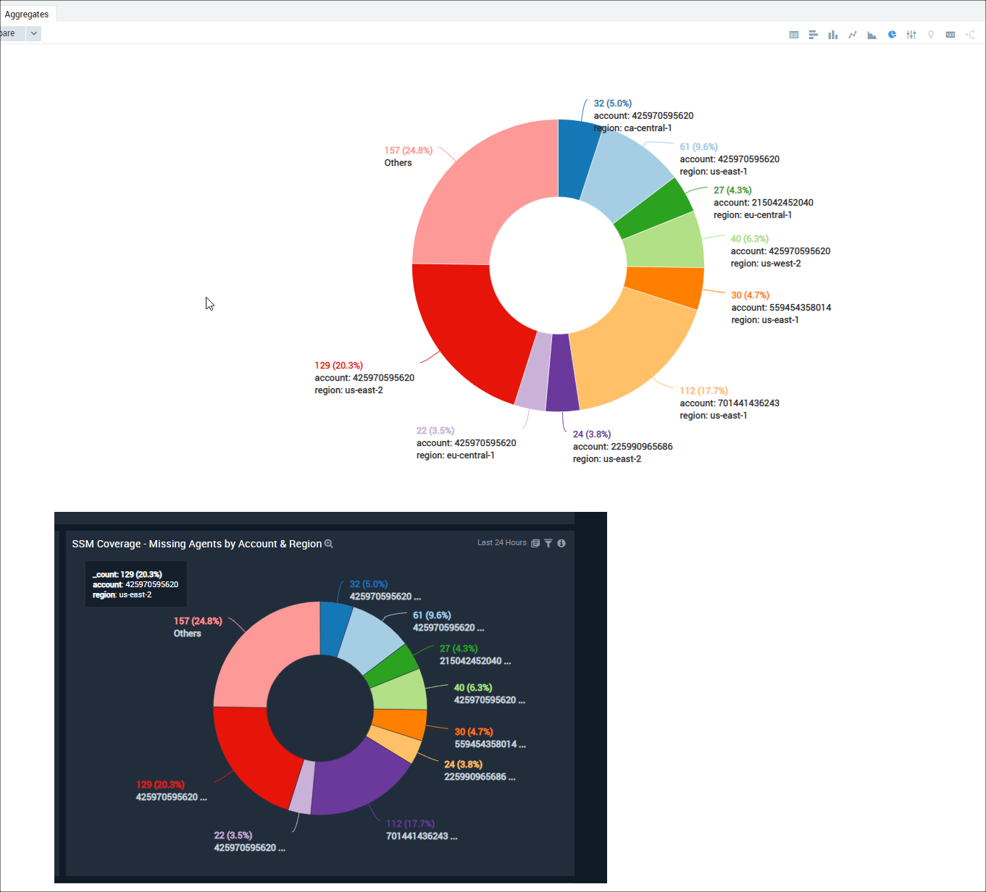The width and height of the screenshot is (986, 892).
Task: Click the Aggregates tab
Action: point(27,14)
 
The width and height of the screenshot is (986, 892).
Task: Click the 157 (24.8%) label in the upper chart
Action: point(408,151)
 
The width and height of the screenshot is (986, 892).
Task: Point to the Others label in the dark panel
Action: point(187,634)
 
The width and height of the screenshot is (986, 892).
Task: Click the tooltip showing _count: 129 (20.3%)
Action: point(135,584)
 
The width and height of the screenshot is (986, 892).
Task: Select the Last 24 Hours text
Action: point(501,543)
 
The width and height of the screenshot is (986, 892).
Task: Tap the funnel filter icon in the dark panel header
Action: point(548,543)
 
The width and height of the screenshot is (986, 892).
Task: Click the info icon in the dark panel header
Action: point(561,543)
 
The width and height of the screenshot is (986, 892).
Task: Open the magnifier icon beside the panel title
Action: point(329,544)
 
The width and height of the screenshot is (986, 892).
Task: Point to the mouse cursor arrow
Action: point(209,303)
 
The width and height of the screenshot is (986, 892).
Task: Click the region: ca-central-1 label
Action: point(632,128)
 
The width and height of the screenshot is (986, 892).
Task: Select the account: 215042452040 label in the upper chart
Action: point(763,203)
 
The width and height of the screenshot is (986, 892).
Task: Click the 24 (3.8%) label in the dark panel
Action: point(463,765)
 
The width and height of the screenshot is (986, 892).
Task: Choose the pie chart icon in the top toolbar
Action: point(892,34)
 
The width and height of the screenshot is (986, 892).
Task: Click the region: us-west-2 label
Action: point(766,264)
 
